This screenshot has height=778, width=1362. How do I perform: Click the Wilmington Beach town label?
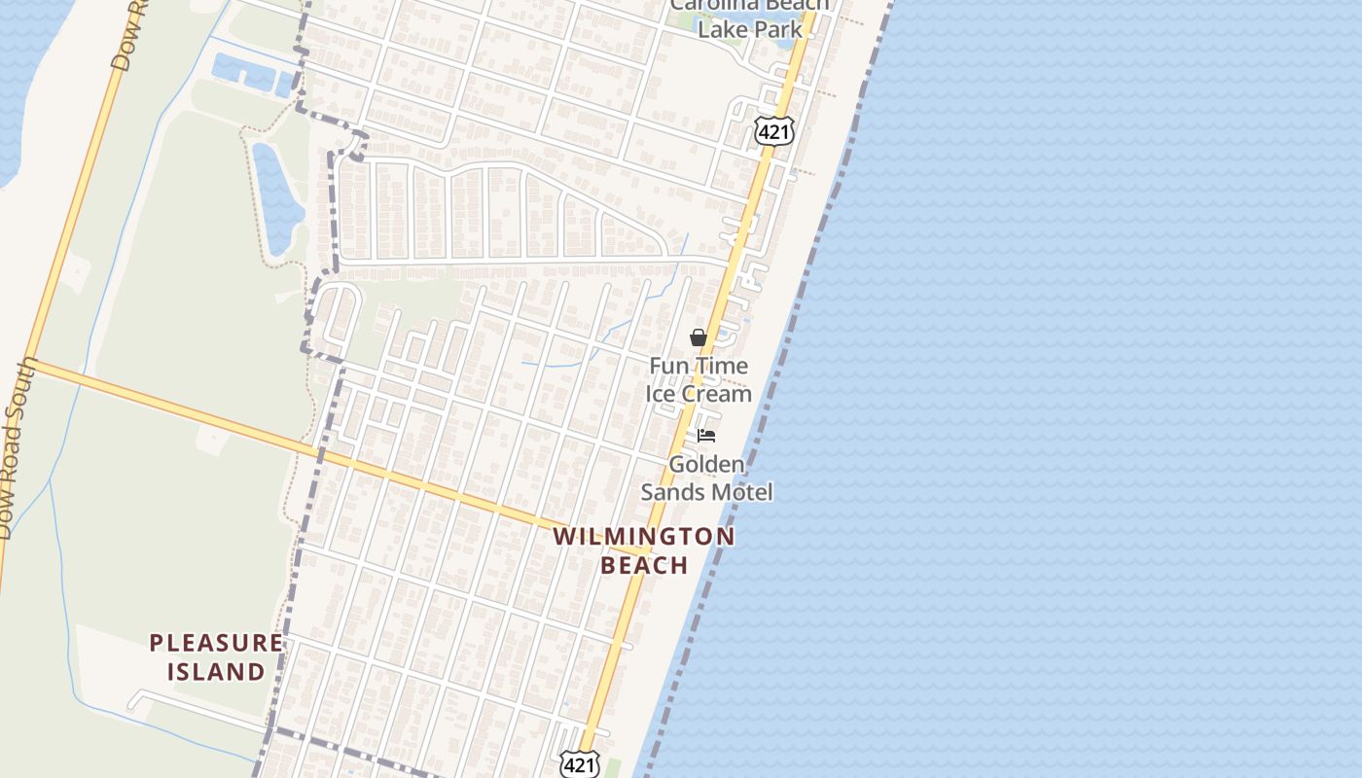644,550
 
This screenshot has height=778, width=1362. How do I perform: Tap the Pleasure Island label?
216,656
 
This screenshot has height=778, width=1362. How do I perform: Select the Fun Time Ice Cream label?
699,379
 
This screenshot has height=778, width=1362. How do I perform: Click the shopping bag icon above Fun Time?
698,337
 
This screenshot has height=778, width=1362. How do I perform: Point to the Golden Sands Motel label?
706,477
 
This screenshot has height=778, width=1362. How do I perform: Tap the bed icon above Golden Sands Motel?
705,435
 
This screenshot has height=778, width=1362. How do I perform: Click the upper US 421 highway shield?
774,131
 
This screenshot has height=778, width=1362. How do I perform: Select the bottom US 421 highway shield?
579,764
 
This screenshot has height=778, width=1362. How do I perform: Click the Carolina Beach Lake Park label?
750,18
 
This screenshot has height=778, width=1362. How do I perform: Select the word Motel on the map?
741,492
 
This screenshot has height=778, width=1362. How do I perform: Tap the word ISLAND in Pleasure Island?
216,671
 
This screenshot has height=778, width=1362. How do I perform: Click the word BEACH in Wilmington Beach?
644,565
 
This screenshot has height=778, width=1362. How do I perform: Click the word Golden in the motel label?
706,464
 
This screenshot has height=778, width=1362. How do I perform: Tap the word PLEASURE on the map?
216,643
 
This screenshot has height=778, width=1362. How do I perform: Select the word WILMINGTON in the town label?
644,537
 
